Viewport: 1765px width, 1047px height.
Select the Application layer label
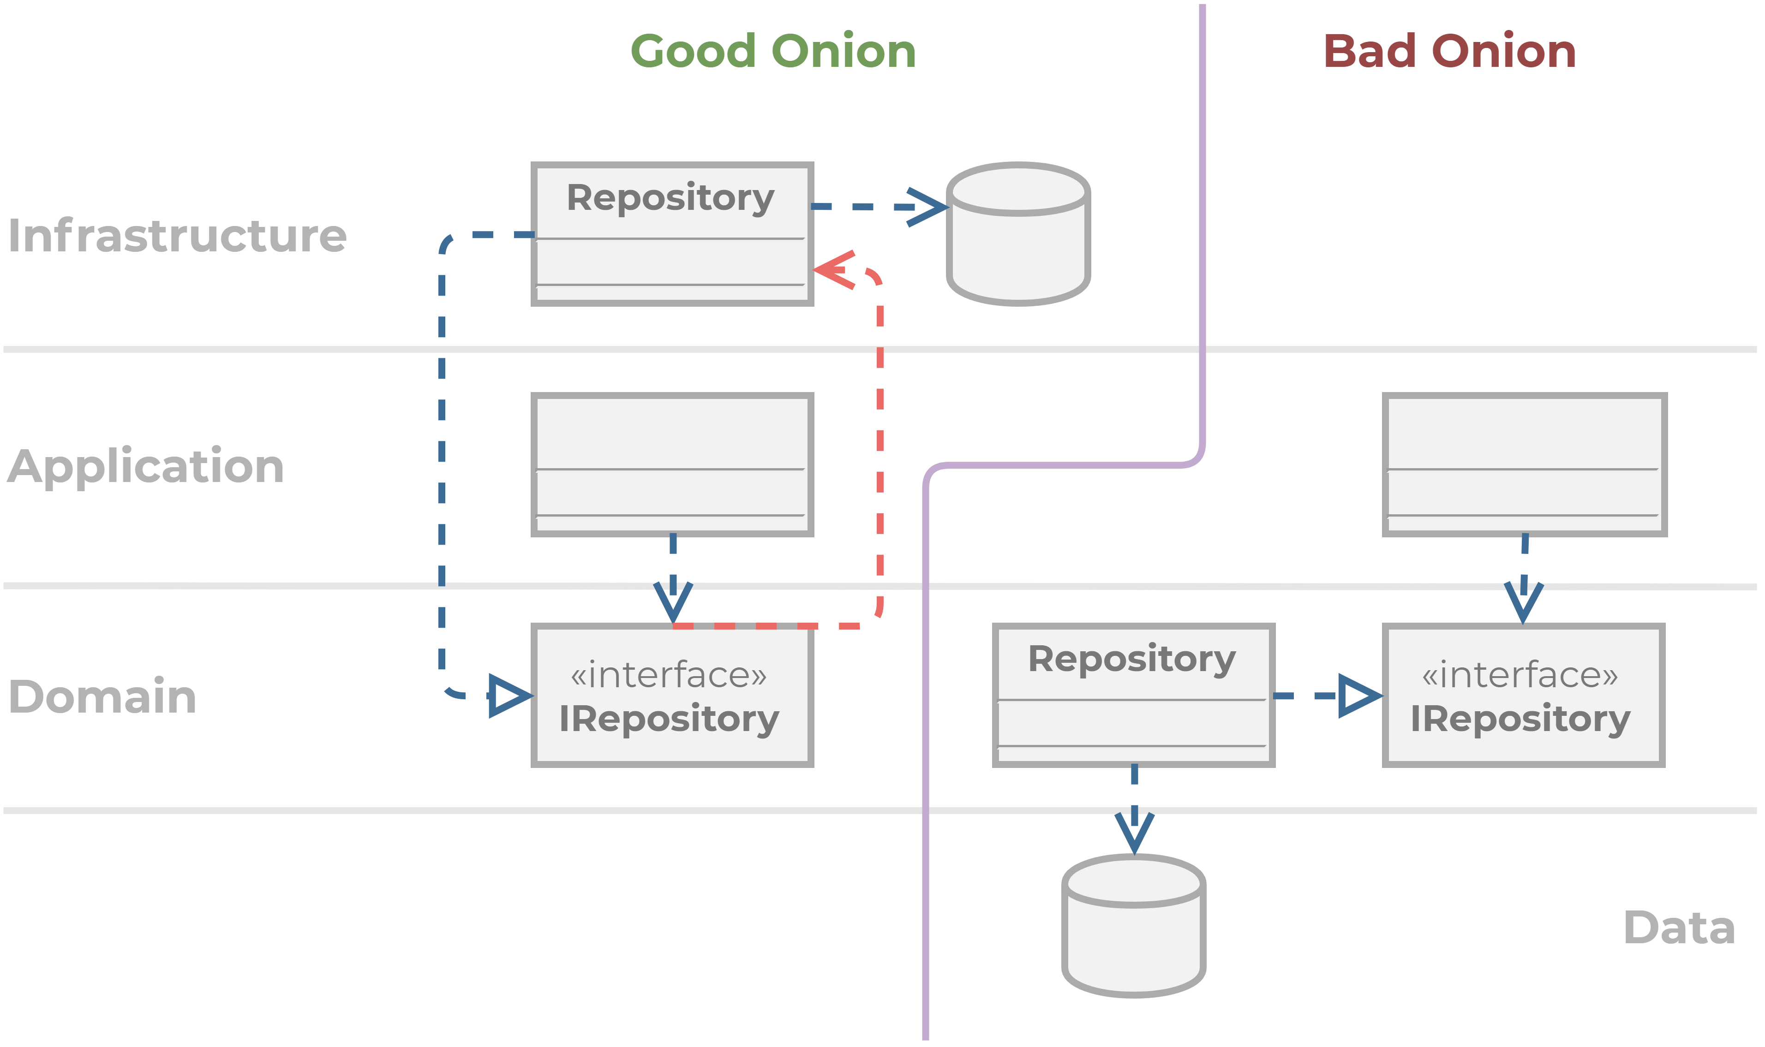coord(145,468)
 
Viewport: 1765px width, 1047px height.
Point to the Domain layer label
coord(102,696)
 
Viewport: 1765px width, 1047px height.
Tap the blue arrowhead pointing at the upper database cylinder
coord(927,207)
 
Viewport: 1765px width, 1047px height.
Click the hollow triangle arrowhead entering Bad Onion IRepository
coord(1360,696)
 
